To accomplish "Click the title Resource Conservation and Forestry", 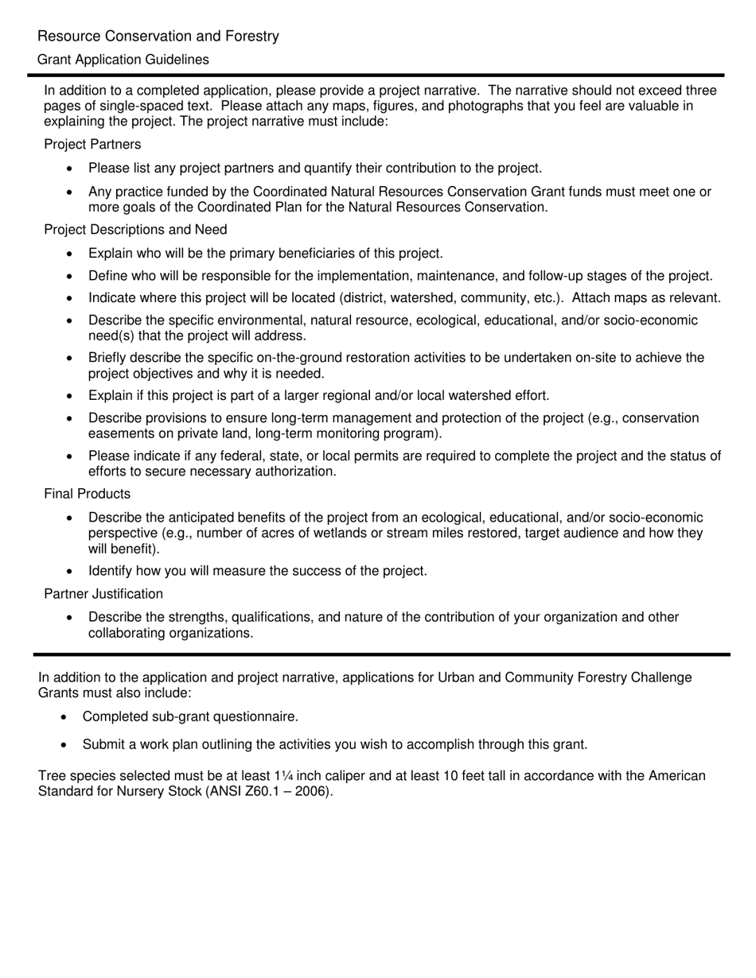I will point(158,37).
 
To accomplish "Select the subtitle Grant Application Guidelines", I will point(123,60).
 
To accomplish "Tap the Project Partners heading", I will point(92,144).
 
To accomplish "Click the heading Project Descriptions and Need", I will point(135,230).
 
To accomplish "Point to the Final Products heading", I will point(87,494).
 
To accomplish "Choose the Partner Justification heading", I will point(103,594).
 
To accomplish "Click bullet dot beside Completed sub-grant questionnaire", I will point(65,717).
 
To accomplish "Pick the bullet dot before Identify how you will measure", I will point(71,571).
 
